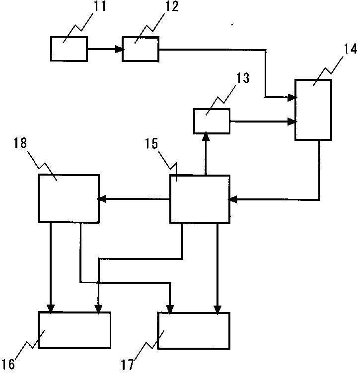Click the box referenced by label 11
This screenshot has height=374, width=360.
(x=69, y=49)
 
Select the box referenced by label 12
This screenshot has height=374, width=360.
(x=141, y=49)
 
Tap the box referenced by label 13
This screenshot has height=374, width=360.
(x=212, y=122)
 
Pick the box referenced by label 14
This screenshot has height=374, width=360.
(x=313, y=109)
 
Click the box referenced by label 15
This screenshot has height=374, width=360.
(x=200, y=199)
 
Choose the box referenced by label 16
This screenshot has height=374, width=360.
(x=74, y=330)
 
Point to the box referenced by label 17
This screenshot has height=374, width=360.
(x=194, y=330)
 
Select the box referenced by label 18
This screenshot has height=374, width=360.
(x=69, y=198)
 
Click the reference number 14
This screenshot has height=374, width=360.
(x=344, y=50)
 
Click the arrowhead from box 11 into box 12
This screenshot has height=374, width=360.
(x=119, y=49)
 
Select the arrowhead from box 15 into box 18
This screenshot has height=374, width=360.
(x=102, y=199)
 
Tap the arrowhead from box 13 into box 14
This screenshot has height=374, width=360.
(x=292, y=121)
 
